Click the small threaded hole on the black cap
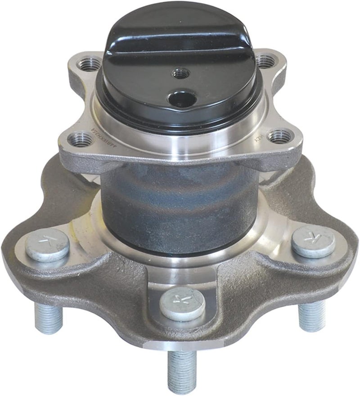[x=181, y=73]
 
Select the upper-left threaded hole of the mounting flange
[x=89, y=64]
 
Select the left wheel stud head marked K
[x=47, y=244]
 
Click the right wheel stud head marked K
[x=313, y=241]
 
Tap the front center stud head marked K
[x=182, y=303]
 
